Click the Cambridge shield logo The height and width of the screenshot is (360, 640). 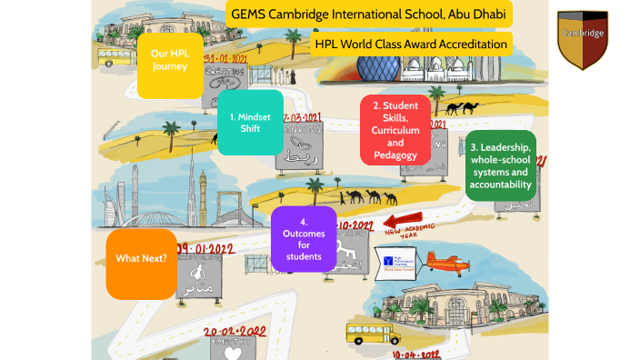(582, 39)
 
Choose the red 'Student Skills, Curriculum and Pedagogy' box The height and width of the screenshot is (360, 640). (395, 130)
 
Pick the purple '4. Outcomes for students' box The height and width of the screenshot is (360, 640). (311, 238)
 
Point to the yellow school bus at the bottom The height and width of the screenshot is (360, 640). (373, 333)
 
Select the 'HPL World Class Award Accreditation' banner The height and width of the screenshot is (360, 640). (410, 44)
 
